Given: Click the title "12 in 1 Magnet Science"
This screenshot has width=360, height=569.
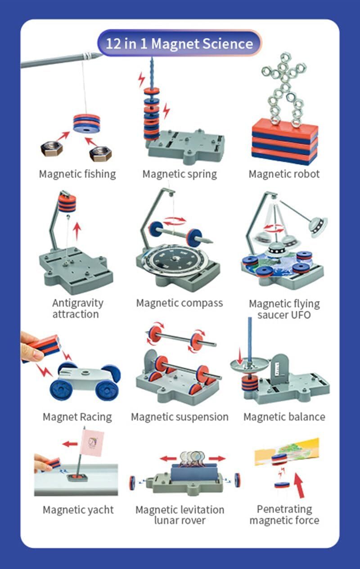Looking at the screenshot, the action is click(180, 44).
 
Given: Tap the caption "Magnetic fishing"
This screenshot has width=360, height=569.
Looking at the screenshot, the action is click(77, 174).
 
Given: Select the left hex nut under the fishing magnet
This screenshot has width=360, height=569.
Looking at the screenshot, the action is click(52, 149).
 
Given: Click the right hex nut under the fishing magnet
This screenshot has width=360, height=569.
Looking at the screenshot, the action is click(101, 153).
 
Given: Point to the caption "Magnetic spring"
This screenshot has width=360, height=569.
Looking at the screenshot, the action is click(180, 174).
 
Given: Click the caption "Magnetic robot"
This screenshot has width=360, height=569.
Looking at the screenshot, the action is click(284, 174).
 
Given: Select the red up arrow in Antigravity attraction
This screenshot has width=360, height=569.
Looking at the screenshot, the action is click(77, 232).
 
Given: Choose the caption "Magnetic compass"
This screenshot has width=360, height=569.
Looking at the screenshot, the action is click(180, 303).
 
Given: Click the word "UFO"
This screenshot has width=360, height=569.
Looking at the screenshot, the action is click(301, 315).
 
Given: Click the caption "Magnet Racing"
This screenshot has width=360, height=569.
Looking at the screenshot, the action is click(77, 417).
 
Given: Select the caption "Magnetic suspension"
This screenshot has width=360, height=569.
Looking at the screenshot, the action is click(180, 417).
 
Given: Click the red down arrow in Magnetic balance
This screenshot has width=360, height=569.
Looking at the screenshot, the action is click(239, 356).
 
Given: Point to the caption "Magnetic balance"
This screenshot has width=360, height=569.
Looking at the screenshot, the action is click(284, 417).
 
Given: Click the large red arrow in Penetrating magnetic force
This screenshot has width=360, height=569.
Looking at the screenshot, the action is click(299, 485).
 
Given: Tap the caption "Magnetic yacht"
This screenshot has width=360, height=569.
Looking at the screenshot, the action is click(78, 510).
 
